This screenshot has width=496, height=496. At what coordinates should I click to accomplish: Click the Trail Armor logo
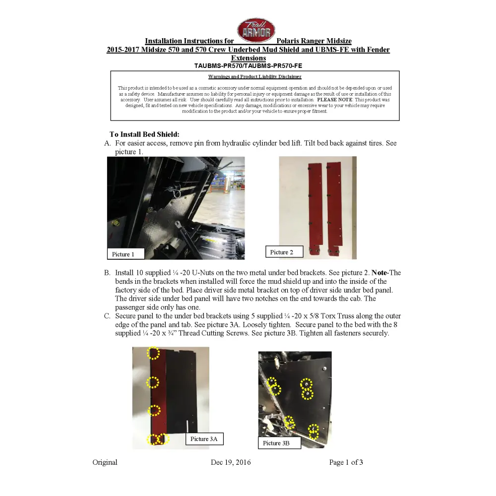[256, 30]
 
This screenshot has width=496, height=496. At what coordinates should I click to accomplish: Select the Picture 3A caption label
[204, 439]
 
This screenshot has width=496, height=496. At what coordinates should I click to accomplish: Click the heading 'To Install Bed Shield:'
[144, 134]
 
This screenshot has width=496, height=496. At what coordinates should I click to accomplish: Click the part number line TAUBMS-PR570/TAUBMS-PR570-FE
[248, 65]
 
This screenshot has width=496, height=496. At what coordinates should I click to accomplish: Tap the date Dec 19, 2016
[231, 462]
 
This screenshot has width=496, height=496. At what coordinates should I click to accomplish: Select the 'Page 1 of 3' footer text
[346, 462]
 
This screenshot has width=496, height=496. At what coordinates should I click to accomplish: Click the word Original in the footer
[105, 462]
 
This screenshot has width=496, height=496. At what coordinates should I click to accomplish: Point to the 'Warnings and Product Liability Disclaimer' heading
[254, 77]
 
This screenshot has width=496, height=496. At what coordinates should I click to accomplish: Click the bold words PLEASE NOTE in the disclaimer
[335, 100]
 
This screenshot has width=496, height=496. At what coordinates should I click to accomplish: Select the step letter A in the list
[107, 143]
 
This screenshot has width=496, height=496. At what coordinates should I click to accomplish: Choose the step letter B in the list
[107, 273]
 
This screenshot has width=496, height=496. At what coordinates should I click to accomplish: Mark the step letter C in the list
[107, 316]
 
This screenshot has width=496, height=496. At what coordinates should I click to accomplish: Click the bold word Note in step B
[379, 273]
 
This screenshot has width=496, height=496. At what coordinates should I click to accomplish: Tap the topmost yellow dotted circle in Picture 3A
[153, 353]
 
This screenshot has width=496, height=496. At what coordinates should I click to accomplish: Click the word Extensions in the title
[248, 58]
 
